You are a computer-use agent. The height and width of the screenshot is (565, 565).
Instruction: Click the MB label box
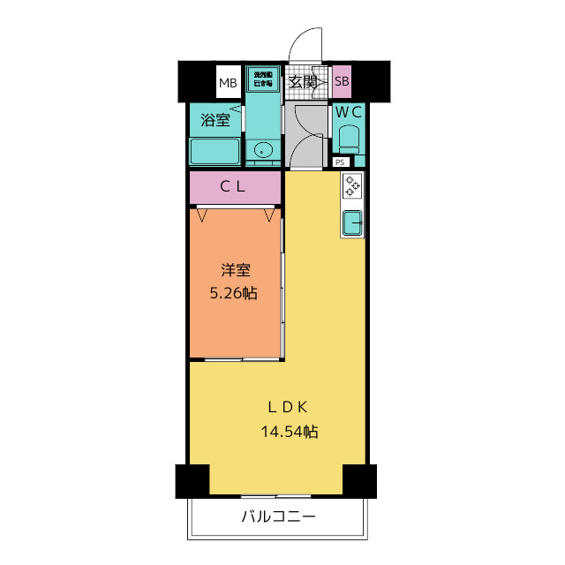click(x=229, y=84)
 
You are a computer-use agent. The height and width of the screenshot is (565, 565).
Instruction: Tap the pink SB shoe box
click(x=343, y=82)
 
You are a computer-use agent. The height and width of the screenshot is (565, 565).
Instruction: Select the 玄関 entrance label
click(x=303, y=82)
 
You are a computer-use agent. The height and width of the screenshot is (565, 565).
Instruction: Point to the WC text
click(x=347, y=112)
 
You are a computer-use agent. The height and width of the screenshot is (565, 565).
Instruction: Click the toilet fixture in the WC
click(x=349, y=139)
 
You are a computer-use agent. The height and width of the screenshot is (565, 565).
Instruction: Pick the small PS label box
click(x=340, y=162)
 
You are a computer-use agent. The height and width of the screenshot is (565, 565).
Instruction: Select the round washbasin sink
click(x=263, y=150)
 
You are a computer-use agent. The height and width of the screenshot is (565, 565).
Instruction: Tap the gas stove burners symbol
click(x=352, y=185)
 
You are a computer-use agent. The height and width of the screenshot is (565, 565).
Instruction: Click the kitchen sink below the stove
click(x=352, y=223)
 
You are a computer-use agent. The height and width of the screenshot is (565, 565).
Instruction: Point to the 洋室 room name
click(x=234, y=271)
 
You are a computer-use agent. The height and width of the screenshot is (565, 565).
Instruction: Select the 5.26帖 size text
click(x=234, y=294)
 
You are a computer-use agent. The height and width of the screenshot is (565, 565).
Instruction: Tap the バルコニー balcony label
click(x=278, y=516)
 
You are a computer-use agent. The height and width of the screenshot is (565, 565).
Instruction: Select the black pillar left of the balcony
click(x=192, y=481)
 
